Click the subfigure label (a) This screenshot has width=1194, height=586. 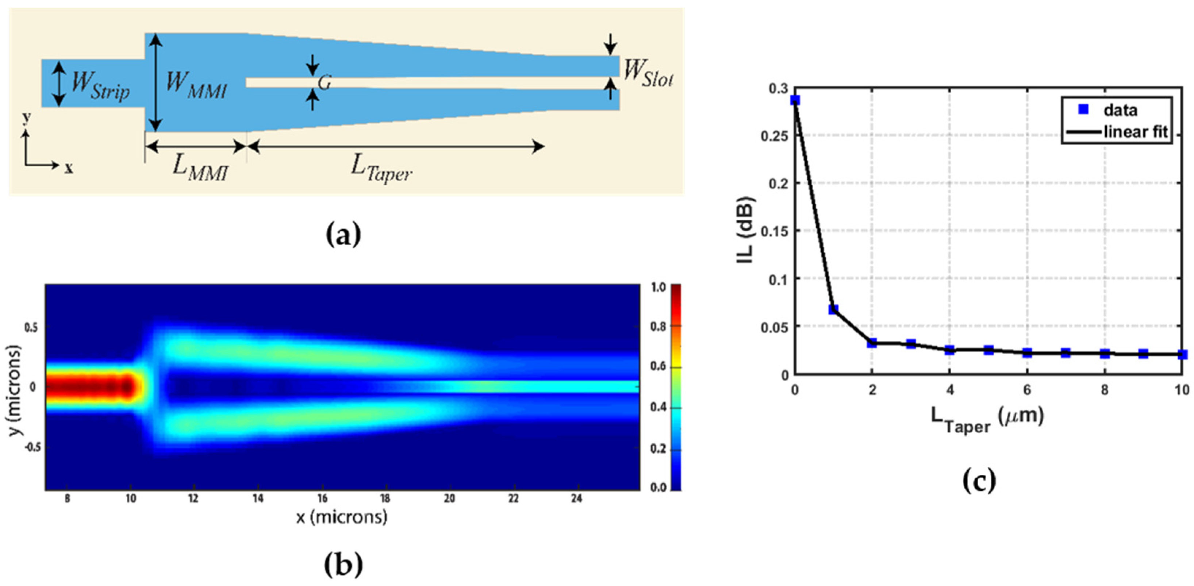(x=343, y=235)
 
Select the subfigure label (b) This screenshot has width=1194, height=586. (x=343, y=564)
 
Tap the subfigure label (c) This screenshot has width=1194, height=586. (x=979, y=481)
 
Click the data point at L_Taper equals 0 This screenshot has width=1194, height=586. (x=795, y=100)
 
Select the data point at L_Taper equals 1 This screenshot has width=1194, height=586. (x=833, y=309)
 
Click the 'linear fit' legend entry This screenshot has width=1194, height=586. (x=1135, y=132)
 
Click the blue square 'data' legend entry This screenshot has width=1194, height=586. (x=1084, y=110)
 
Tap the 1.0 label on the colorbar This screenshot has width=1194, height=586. (x=659, y=287)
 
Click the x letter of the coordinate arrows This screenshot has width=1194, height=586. (x=69, y=169)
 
